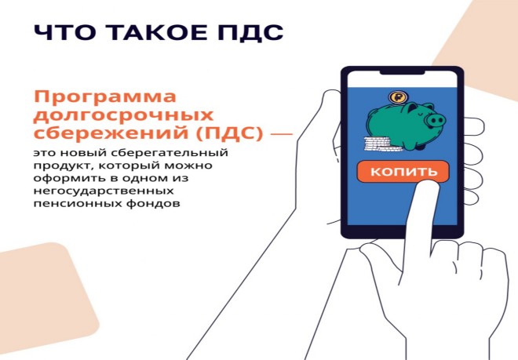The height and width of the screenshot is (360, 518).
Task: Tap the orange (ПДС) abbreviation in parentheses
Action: [x=230, y=134]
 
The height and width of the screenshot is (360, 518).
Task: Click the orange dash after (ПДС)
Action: [x=282, y=134]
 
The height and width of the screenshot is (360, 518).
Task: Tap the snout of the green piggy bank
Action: [x=435, y=120]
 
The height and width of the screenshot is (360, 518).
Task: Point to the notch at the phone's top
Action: [x=402, y=72]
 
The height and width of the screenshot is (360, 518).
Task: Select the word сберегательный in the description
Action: [x=170, y=154]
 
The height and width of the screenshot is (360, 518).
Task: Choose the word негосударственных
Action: [x=104, y=191]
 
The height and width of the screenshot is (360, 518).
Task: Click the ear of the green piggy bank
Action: [x=413, y=107]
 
